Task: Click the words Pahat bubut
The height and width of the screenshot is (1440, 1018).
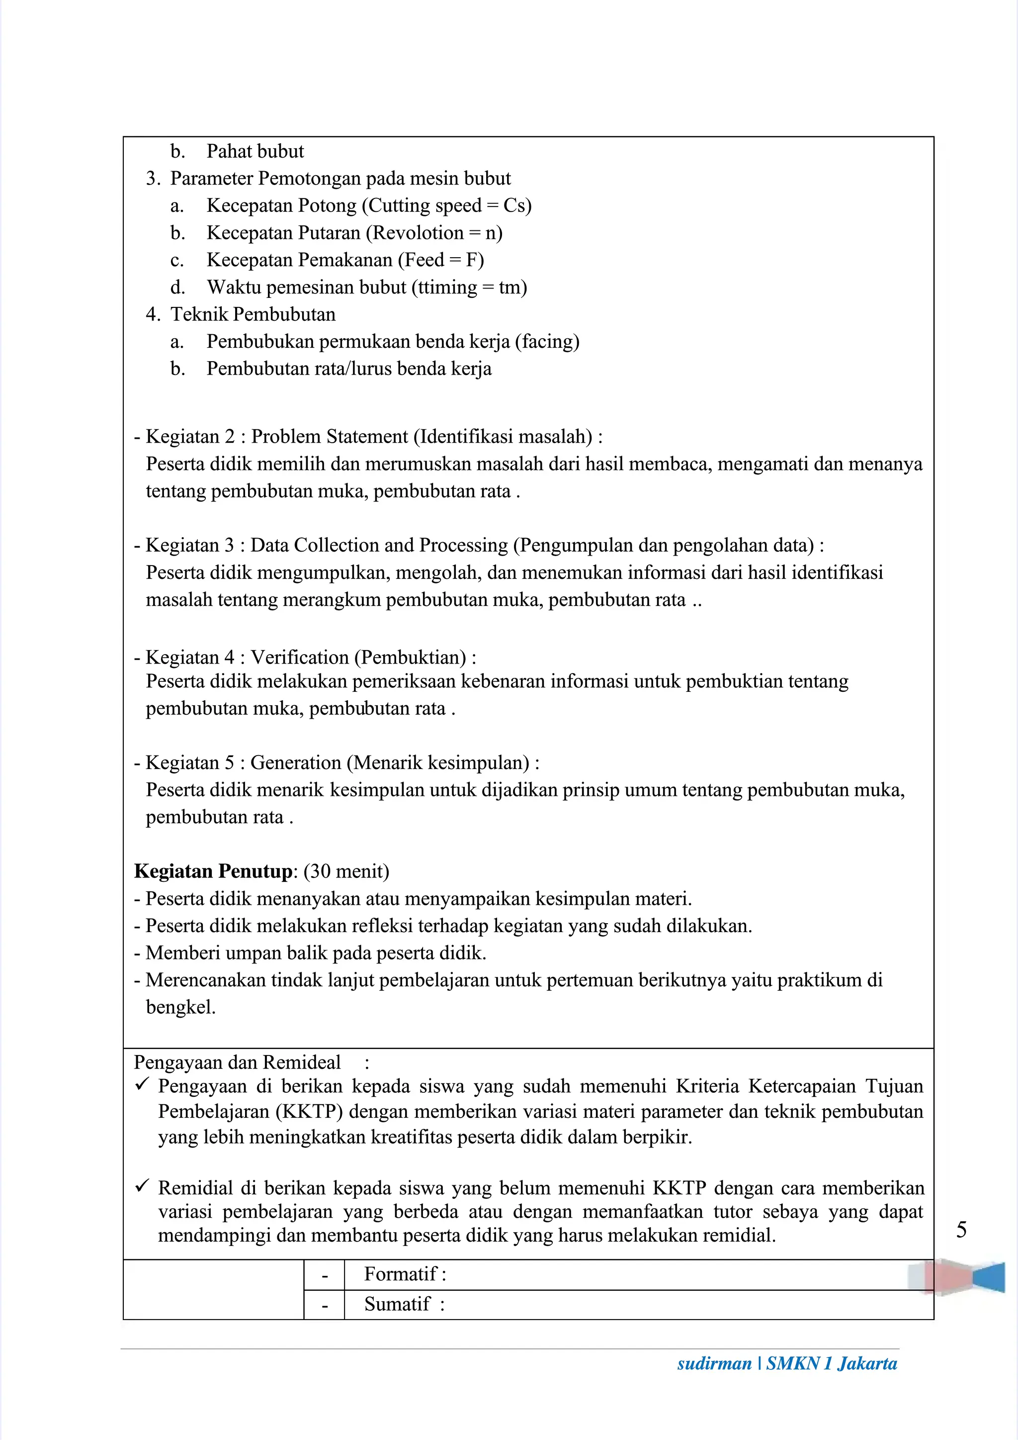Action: pos(254,151)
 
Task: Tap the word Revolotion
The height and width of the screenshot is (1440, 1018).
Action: pos(418,233)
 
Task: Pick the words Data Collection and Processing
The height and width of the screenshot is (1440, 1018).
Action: pos(379,545)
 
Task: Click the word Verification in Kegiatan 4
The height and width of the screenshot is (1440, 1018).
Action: pos(300,657)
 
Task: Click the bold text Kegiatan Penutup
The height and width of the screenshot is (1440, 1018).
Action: pos(213,871)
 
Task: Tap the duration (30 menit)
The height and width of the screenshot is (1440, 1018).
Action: pos(346,871)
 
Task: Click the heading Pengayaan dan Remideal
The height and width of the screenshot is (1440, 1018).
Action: pos(237,1062)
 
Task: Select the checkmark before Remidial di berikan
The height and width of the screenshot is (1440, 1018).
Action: pos(142,1186)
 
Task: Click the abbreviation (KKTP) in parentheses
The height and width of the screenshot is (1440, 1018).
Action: pos(310,1111)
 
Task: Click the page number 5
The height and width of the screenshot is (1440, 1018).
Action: pos(961,1229)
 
